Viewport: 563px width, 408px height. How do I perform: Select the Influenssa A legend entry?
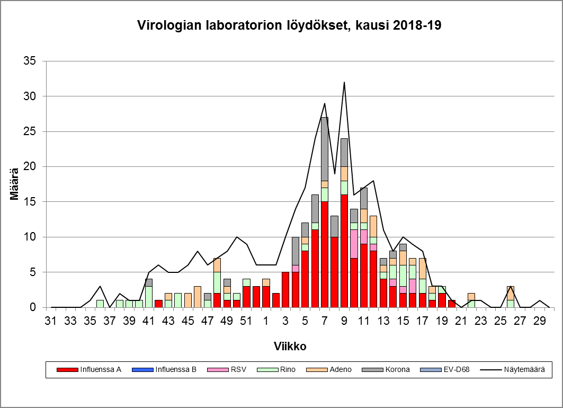[x=100, y=369]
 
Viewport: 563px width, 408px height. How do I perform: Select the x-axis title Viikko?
[x=290, y=346]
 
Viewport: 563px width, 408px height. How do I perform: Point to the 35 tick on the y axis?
[x=30, y=61]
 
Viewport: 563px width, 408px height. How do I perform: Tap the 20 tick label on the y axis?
[x=30, y=167]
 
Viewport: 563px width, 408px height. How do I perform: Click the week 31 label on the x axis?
[x=51, y=321]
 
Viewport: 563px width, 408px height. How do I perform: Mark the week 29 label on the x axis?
[x=540, y=321]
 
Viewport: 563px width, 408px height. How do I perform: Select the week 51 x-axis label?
[x=246, y=321]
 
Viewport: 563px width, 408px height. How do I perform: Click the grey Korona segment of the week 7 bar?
[x=325, y=149]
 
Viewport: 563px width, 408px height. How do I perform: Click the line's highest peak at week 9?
[x=344, y=82]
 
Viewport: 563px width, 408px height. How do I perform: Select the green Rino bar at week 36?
[x=100, y=304]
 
